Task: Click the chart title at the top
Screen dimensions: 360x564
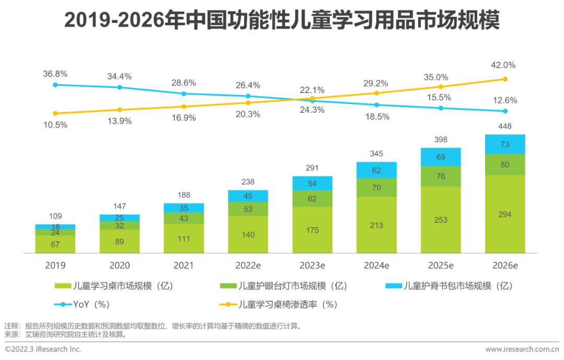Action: pyautogui.click(x=282, y=21)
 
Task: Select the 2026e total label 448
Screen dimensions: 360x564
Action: pyautogui.click(x=505, y=126)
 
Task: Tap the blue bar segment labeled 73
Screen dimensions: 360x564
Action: pyautogui.click(x=505, y=144)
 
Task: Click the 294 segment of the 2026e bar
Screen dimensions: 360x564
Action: pyautogui.click(x=505, y=214)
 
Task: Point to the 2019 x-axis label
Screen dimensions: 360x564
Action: pyautogui.click(x=55, y=266)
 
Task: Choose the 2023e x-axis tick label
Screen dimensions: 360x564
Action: pyautogui.click(x=312, y=266)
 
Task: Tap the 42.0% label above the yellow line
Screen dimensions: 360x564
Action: pyautogui.click(x=504, y=65)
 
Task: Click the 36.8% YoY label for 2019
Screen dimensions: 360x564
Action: pyautogui.click(x=55, y=75)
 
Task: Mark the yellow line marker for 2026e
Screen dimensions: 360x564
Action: pyautogui.click(x=505, y=79)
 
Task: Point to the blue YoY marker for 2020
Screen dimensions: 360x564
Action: pyautogui.click(x=120, y=87)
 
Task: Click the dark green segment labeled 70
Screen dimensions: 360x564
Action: pyautogui.click(x=377, y=187)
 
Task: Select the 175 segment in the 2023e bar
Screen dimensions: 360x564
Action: pyautogui.click(x=312, y=230)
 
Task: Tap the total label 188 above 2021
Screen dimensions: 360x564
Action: pyautogui.click(x=184, y=195)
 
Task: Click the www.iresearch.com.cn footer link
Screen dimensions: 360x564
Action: pyautogui.click(x=522, y=349)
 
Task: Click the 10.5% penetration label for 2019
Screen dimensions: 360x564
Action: pyautogui.click(x=55, y=125)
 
